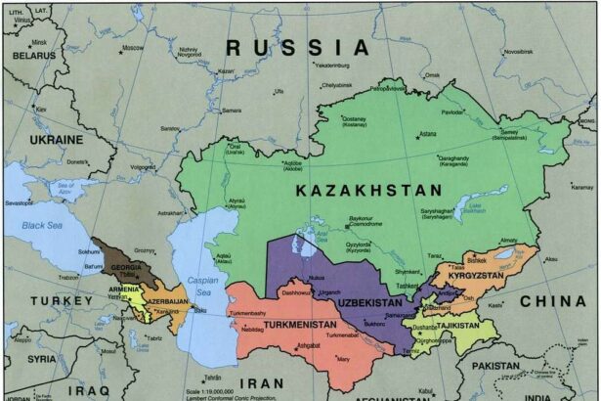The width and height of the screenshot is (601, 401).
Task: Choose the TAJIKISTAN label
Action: (x=457, y=324)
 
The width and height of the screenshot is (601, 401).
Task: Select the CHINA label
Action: (x=552, y=302)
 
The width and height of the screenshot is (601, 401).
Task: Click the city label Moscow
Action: (x=134, y=48)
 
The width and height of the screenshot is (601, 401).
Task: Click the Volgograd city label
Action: (x=143, y=167)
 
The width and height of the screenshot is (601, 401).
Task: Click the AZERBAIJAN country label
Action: (x=167, y=301)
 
